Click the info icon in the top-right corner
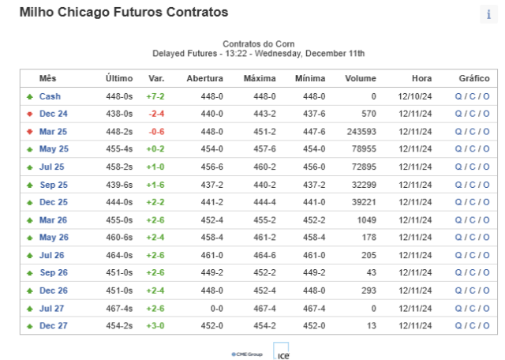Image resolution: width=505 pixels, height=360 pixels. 488,14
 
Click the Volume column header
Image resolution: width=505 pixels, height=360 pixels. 361,78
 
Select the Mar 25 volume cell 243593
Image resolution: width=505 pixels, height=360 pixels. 361,132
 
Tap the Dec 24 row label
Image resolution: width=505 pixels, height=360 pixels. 53,114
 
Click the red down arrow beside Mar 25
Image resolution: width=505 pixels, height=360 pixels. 30,132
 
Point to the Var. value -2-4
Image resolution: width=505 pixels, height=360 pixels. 156,114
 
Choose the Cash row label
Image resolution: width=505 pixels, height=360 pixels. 50,96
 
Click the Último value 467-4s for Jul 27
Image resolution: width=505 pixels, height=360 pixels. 119,309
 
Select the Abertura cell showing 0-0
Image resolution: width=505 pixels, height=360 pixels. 217,309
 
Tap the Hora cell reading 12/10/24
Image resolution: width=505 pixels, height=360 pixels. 415,96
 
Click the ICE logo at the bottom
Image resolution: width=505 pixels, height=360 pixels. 281,351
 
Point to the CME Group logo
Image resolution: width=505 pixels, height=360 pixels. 247,354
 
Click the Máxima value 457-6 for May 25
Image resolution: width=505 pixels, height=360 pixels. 264,149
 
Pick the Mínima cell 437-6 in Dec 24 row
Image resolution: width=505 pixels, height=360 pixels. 314,114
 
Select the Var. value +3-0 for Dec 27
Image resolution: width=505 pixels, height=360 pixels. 155,325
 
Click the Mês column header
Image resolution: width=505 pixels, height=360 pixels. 47,78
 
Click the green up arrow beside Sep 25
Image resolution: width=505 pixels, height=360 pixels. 30,185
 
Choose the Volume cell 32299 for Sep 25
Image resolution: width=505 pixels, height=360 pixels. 364,185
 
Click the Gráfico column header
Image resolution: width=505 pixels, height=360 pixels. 474,78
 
